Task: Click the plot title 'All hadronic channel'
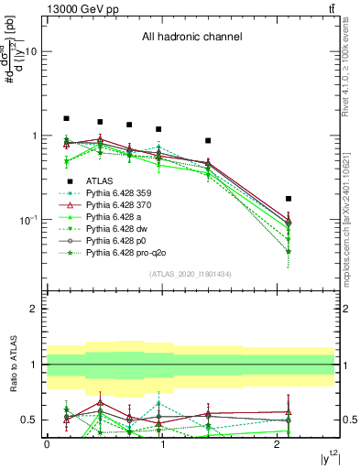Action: [x=191, y=38]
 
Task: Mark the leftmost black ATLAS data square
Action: [x=66, y=118]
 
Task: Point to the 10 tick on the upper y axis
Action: [x=30, y=52]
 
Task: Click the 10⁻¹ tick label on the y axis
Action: [x=27, y=221]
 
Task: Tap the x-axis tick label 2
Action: [x=278, y=443]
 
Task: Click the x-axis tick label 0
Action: [x=47, y=443]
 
